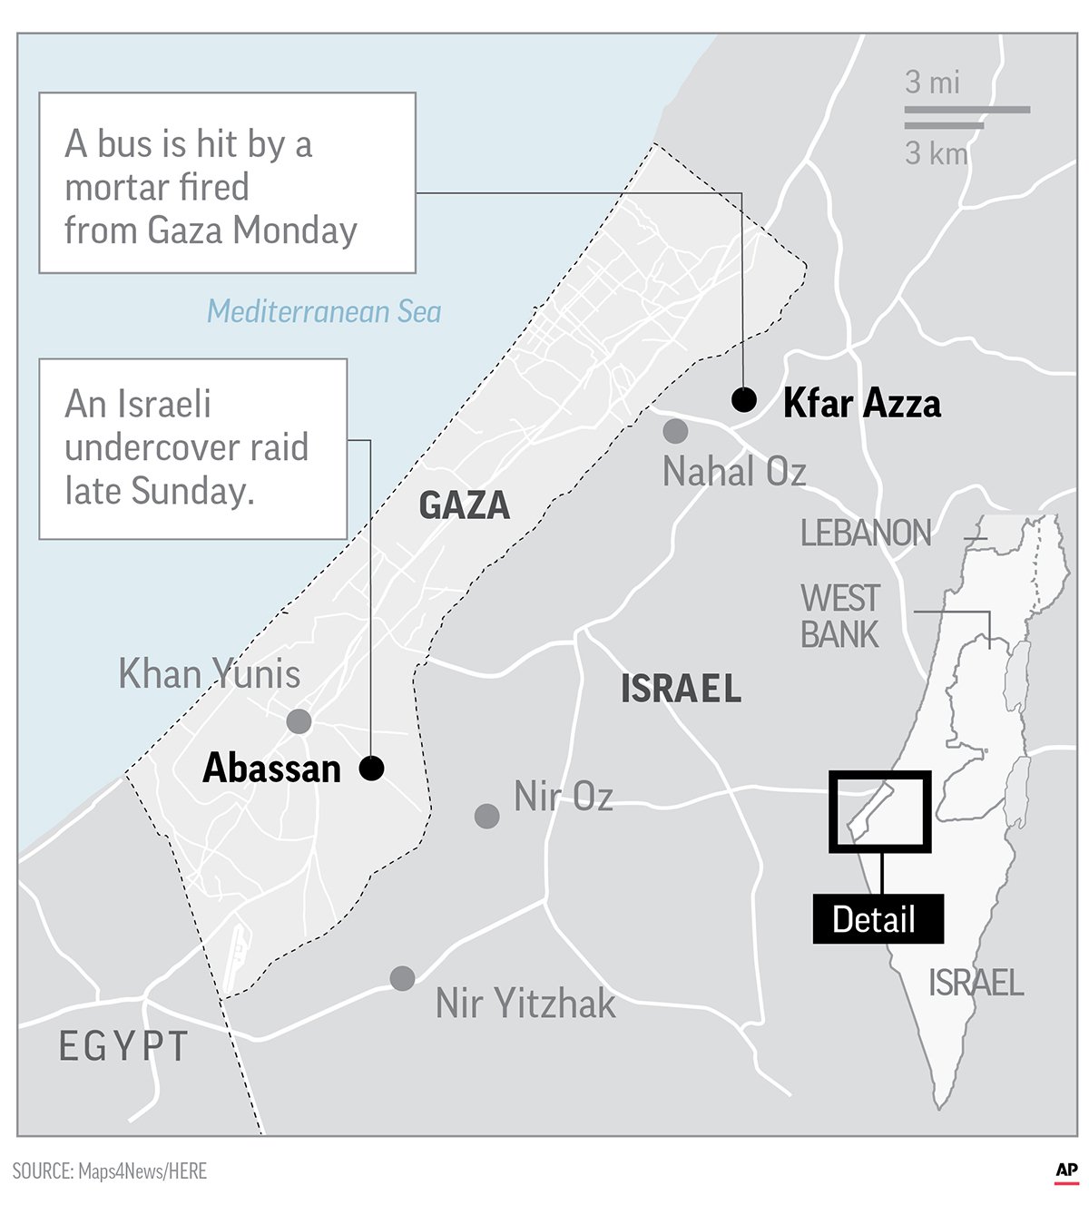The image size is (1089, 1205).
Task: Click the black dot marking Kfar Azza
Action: point(744,399)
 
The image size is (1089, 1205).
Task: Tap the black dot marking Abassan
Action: point(371,769)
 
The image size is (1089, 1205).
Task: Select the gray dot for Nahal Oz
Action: point(675,431)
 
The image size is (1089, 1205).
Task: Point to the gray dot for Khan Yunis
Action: point(299,721)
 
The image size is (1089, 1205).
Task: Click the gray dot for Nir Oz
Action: point(487,816)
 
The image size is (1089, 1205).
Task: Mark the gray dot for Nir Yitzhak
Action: point(402,978)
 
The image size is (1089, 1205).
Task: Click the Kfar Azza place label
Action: point(861,403)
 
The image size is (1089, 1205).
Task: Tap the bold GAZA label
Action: point(464,505)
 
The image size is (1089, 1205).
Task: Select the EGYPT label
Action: point(123,1046)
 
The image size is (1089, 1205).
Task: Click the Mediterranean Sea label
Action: point(324,311)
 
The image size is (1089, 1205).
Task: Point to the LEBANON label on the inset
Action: point(866,534)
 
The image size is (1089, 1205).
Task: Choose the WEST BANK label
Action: point(839,616)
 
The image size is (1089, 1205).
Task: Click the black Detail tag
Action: point(877,919)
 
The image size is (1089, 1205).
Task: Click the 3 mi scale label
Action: point(932,83)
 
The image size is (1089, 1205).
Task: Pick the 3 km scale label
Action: point(936,153)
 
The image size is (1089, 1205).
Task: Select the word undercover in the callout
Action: point(186,447)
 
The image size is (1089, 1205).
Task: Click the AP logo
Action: point(1066,1171)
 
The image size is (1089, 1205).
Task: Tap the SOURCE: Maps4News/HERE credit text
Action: point(110,1171)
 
